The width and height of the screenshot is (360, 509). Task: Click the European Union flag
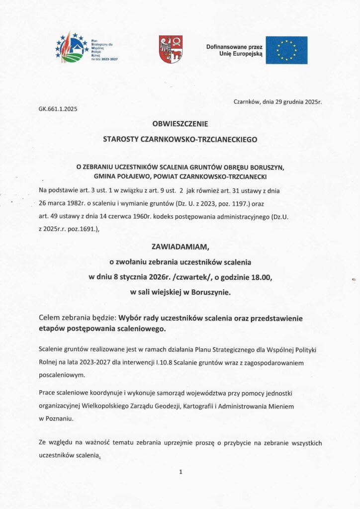(x=286, y=50)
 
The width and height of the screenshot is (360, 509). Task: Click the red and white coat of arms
(x=171, y=49)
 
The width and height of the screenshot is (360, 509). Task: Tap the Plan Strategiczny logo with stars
(x=73, y=48)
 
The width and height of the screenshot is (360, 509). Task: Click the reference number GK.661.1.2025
(x=58, y=108)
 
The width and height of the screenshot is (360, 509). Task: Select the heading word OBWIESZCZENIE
(x=180, y=123)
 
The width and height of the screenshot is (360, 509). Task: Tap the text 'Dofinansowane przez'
(x=233, y=47)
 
